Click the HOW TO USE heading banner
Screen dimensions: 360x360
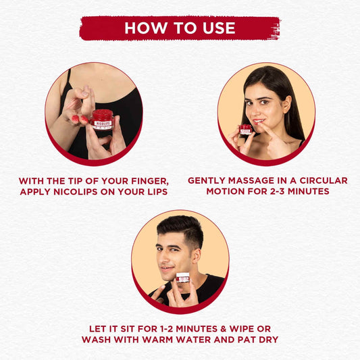coord(180,28)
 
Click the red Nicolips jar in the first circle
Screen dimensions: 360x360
coord(101,120)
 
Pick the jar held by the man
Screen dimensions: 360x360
coord(182,278)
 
